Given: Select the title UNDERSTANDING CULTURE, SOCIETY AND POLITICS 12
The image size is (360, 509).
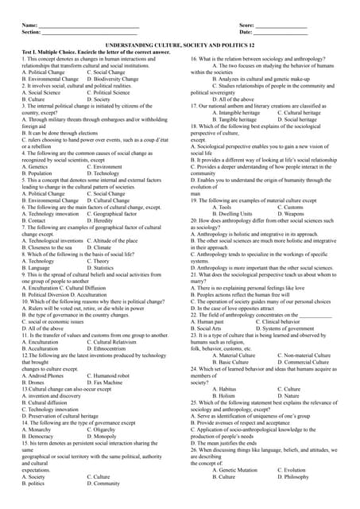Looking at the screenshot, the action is (x=180, y=48).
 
